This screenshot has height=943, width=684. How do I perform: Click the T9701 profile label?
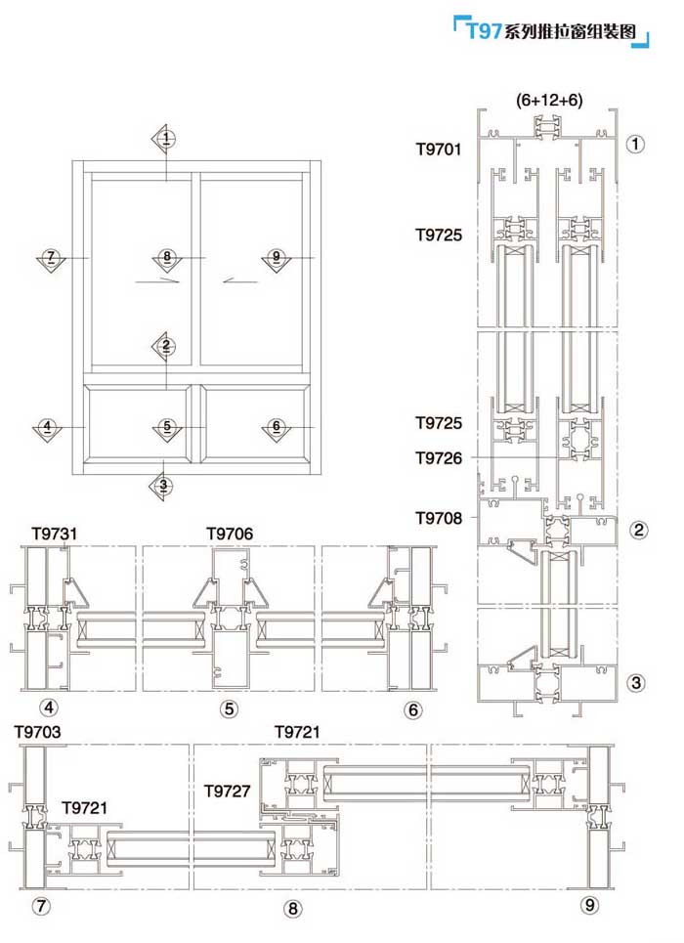click(x=439, y=150)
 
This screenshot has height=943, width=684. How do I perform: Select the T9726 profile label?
click(x=439, y=458)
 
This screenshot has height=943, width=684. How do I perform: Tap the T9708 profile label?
click(x=439, y=518)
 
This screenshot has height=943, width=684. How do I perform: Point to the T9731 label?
click(x=54, y=534)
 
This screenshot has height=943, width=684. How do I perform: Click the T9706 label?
click(x=230, y=534)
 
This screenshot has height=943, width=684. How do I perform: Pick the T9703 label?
click(x=37, y=732)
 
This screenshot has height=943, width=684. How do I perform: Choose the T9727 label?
click(x=226, y=791)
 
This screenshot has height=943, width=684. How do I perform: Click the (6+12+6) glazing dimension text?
click(x=549, y=100)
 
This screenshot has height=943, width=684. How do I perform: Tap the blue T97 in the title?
click(x=484, y=30)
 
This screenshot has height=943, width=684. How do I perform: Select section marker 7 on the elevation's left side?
click(x=51, y=259)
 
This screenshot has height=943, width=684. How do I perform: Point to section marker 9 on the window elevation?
click(x=277, y=259)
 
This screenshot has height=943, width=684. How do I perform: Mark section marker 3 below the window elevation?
click(x=163, y=486)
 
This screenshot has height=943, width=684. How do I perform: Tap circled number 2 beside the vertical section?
click(x=638, y=530)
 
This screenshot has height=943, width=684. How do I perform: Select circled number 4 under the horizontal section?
click(x=49, y=707)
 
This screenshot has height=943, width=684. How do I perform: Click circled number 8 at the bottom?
click(x=292, y=908)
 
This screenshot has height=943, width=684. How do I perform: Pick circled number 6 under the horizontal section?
click(x=412, y=709)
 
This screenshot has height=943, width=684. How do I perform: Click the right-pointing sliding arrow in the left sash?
click(x=157, y=280)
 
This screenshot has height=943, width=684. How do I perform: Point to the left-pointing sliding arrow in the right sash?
click(x=240, y=280)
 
